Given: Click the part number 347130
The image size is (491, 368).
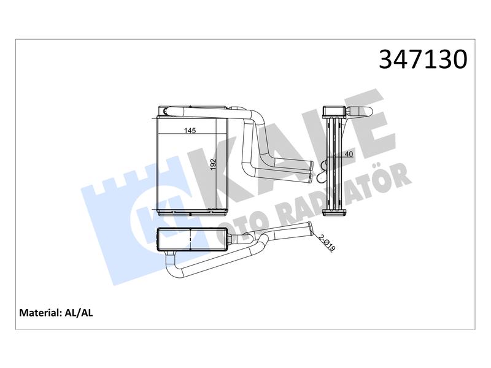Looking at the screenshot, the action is point(423,59).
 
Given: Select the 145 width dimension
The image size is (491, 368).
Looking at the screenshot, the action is point(190,131).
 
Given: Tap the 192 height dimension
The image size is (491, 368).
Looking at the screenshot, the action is point(213,165).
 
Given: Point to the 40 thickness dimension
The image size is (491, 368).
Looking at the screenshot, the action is point(349,154).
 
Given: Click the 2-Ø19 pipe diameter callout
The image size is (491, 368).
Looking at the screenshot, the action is point(327,242).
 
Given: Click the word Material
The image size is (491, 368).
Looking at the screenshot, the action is point(40,313).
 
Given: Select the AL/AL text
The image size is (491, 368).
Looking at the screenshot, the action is point(79,313).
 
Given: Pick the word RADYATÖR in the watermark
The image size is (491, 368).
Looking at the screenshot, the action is point(344,194).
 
